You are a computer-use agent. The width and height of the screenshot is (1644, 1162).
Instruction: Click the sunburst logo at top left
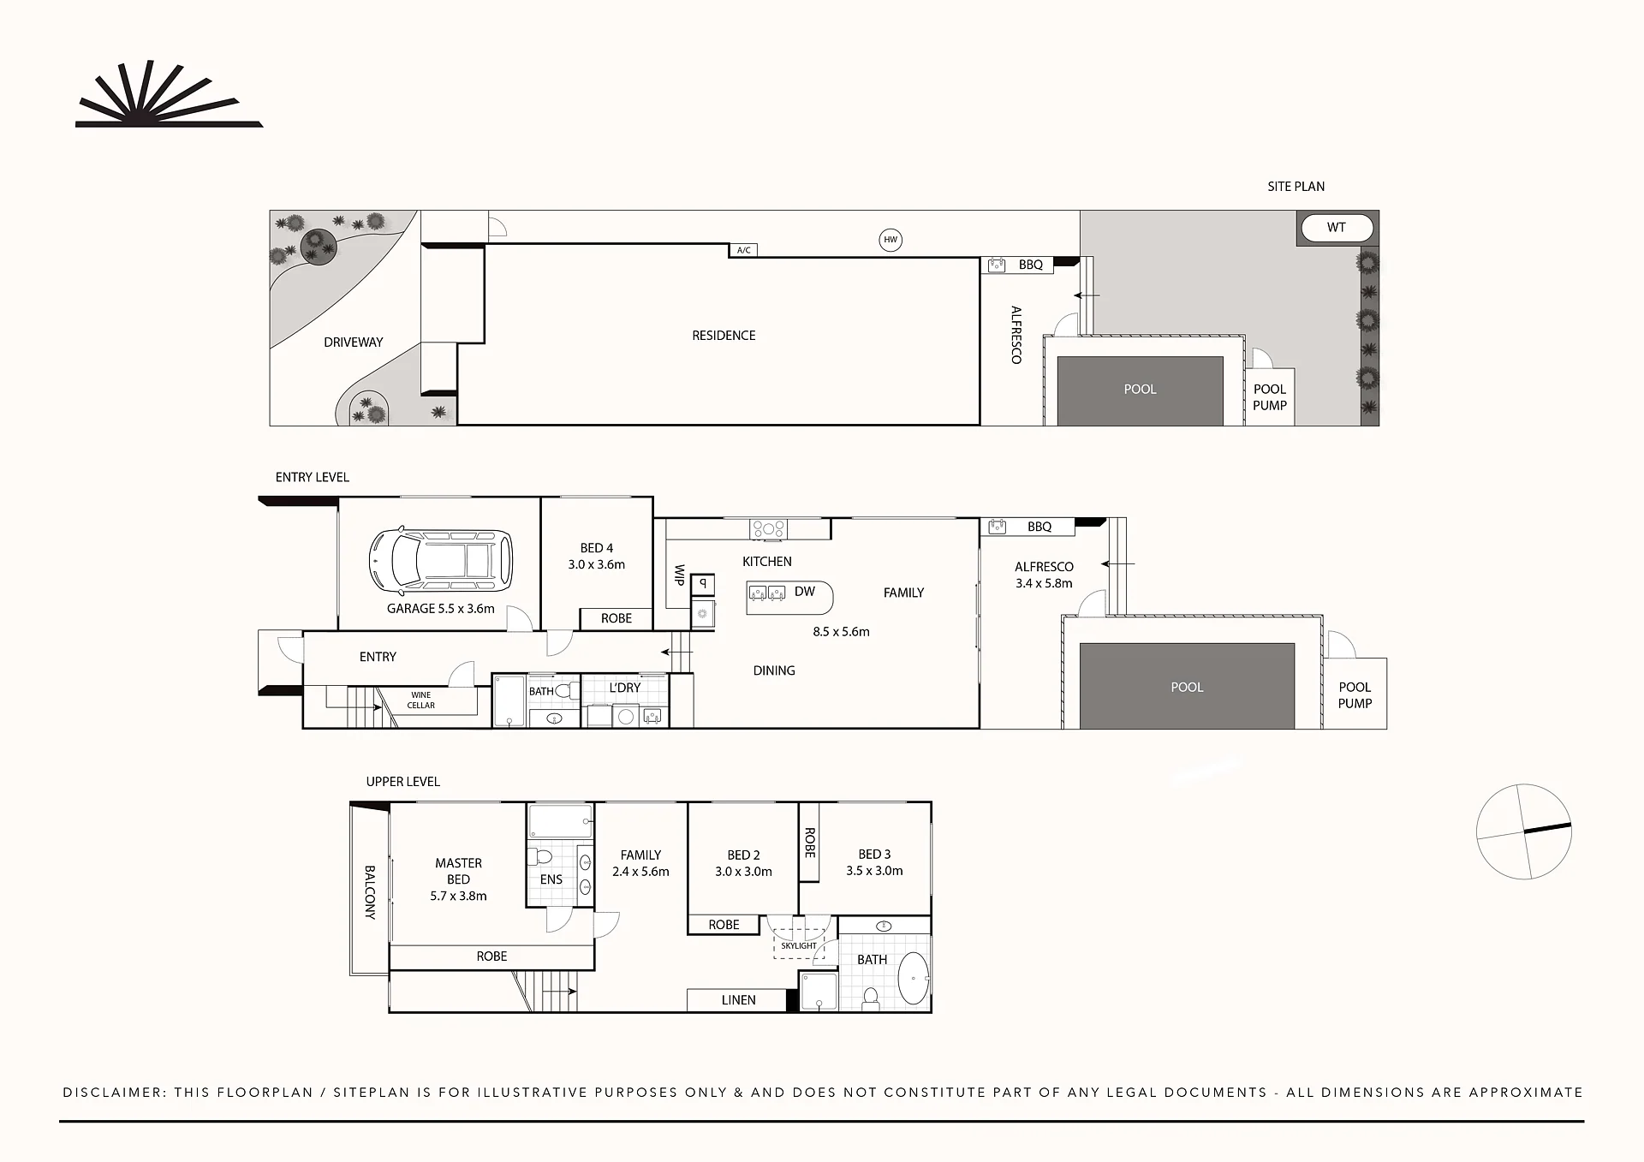click(x=169, y=94)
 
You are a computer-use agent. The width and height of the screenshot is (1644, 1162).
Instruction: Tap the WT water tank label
click(x=1336, y=228)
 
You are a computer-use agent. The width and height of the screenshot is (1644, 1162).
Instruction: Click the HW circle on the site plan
click(x=890, y=240)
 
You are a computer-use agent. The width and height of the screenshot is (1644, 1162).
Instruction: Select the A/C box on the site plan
click(x=743, y=250)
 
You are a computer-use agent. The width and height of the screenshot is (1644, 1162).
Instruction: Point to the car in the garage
click(x=441, y=561)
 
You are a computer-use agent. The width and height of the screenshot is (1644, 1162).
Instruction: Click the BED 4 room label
click(x=597, y=548)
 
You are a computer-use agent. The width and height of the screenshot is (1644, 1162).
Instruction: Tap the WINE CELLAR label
click(x=421, y=700)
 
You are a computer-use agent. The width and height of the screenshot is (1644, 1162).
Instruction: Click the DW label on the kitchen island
click(x=805, y=592)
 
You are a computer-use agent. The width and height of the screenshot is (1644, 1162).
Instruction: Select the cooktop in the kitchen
click(x=769, y=529)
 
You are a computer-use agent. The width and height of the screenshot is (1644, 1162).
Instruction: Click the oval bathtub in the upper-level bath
click(x=914, y=978)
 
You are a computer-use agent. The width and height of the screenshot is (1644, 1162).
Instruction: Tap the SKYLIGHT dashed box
click(x=799, y=937)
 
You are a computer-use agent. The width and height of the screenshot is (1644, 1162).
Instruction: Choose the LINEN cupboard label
click(x=738, y=1000)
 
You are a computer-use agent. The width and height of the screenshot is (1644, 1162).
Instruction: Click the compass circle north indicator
click(x=1524, y=831)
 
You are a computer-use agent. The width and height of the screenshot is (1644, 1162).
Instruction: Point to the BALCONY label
click(x=370, y=892)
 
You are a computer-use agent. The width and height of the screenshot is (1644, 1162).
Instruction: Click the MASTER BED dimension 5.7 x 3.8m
click(x=458, y=897)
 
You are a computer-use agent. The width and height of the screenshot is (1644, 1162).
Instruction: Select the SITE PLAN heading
click(x=1296, y=187)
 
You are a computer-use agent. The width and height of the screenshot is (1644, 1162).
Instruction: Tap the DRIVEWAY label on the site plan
click(x=354, y=343)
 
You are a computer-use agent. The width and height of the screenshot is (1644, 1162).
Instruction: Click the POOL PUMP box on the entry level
click(x=1355, y=694)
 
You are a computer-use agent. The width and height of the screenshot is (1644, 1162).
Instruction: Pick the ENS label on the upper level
click(x=551, y=879)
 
